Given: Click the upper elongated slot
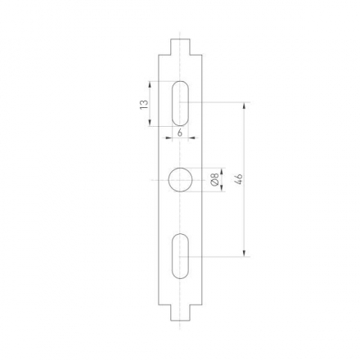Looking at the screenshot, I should click(x=180, y=102).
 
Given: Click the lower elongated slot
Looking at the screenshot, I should click(x=180, y=257).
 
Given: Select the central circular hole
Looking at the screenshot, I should click(x=180, y=180).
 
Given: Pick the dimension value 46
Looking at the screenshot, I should click(x=238, y=179).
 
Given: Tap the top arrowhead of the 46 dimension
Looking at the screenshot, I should click(x=245, y=106).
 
